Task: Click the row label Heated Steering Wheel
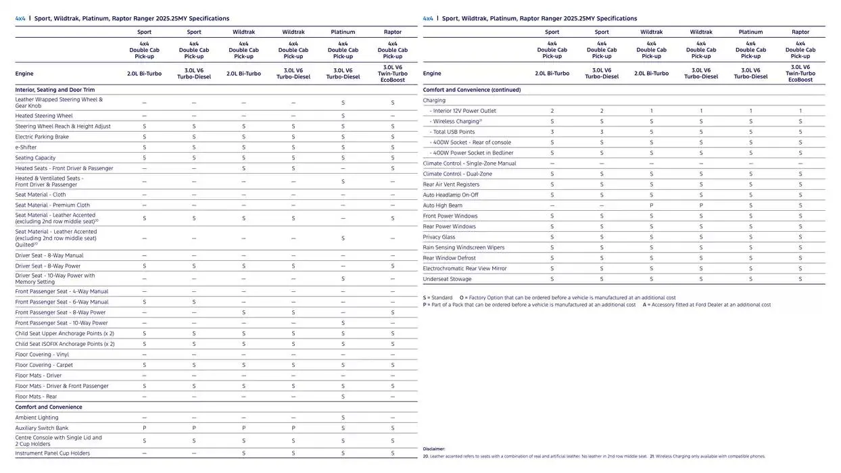pos(44,116)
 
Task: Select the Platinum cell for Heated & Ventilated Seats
pos(343,181)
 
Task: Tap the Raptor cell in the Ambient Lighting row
pos(392,418)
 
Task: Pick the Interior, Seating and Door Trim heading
pos(55,89)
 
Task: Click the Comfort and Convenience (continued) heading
pos(471,89)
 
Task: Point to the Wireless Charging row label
pos(457,122)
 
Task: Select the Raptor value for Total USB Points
pos(800,132)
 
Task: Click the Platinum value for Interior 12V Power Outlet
pos(750,111)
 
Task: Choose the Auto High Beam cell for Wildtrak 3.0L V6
pos(701,205)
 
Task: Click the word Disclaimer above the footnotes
pos(434,449)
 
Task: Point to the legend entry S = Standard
pos(437,297)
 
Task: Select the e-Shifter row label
pos(26,147)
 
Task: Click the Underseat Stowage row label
pos(447,279)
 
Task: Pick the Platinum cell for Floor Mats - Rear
pos(343,397)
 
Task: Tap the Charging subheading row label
pos(434,100)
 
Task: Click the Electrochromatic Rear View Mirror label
pos(464,268)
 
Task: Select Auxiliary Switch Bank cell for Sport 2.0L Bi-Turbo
pos(144,428)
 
